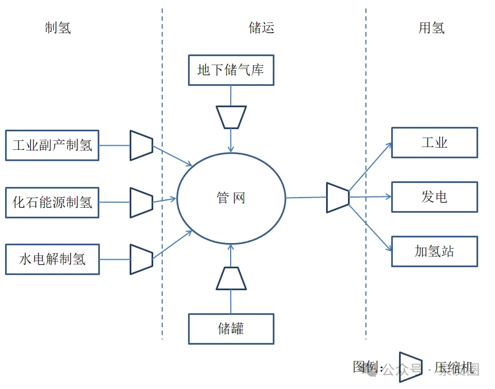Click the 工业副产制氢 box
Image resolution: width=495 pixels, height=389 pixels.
click(52, 145)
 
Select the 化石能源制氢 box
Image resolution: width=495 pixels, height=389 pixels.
click(52, 202)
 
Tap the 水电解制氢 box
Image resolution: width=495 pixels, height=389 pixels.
click(52, 259)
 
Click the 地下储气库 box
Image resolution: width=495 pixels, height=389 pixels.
click(231, 70)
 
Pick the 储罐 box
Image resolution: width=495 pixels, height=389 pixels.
click(231, 328)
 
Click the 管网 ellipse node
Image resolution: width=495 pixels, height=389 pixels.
click(231, 198)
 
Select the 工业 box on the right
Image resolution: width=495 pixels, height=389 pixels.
click(434, 143)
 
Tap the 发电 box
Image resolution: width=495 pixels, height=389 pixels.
click(434, 197)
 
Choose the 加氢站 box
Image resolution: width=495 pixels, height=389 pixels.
click(434, 251)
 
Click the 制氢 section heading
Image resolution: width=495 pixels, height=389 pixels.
click(58, 28)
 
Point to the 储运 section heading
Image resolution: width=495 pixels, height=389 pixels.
click(262, 28)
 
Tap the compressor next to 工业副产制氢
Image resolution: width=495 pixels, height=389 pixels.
click(141, 145)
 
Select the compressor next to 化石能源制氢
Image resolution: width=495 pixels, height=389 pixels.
click(141, 202)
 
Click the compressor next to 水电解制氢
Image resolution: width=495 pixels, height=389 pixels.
click(141, 259)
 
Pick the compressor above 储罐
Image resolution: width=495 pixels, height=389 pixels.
click(231, 278)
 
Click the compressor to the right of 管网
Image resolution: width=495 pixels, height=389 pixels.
click(338, 198)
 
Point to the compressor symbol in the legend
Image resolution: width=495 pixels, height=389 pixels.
click(410, 367)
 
